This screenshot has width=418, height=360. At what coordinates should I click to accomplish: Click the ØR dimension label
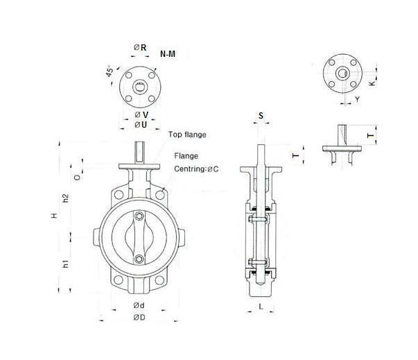tap(139, 47)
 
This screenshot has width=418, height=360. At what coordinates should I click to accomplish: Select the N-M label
tap(167, 53)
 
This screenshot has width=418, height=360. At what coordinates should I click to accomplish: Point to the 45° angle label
tap(110, 73)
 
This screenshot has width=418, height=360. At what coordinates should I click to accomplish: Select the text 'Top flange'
tap(187, 134)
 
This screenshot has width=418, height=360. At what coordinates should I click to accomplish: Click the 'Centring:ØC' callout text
tap(197, 169)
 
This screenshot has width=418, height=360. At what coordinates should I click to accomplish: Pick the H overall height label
tap(53, 216)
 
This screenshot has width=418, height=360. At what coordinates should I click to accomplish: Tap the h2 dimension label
tap(66, 198)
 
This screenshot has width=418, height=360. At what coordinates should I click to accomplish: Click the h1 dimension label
tap(66, 264)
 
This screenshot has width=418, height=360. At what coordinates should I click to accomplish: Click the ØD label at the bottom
tap(139, 318)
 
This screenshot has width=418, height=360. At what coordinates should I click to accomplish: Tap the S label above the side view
tap(261, 114)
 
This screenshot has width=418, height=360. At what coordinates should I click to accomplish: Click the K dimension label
tap(372, 83)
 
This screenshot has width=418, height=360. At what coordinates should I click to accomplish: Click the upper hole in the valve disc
tap(139, 217)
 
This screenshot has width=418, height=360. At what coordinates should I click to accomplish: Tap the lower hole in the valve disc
tap(139, 259)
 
